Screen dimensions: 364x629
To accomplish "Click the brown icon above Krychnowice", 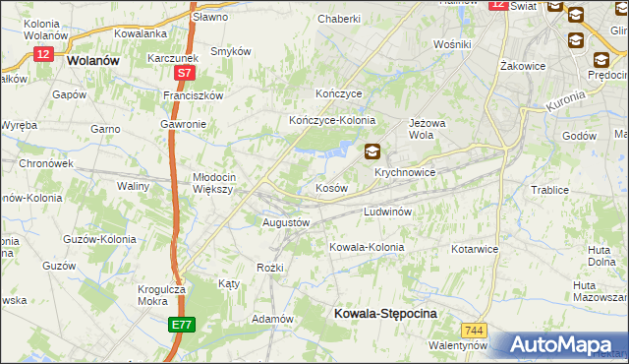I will click(372, 152).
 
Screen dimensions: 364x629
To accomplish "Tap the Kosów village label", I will click(331, 187).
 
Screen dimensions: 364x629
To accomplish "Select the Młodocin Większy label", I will click(212, 183).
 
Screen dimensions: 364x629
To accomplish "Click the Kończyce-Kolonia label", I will click(332, 120).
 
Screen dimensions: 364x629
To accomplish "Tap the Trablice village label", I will click(550, 190).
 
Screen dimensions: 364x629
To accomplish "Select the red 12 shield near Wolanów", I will click(42, 55).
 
